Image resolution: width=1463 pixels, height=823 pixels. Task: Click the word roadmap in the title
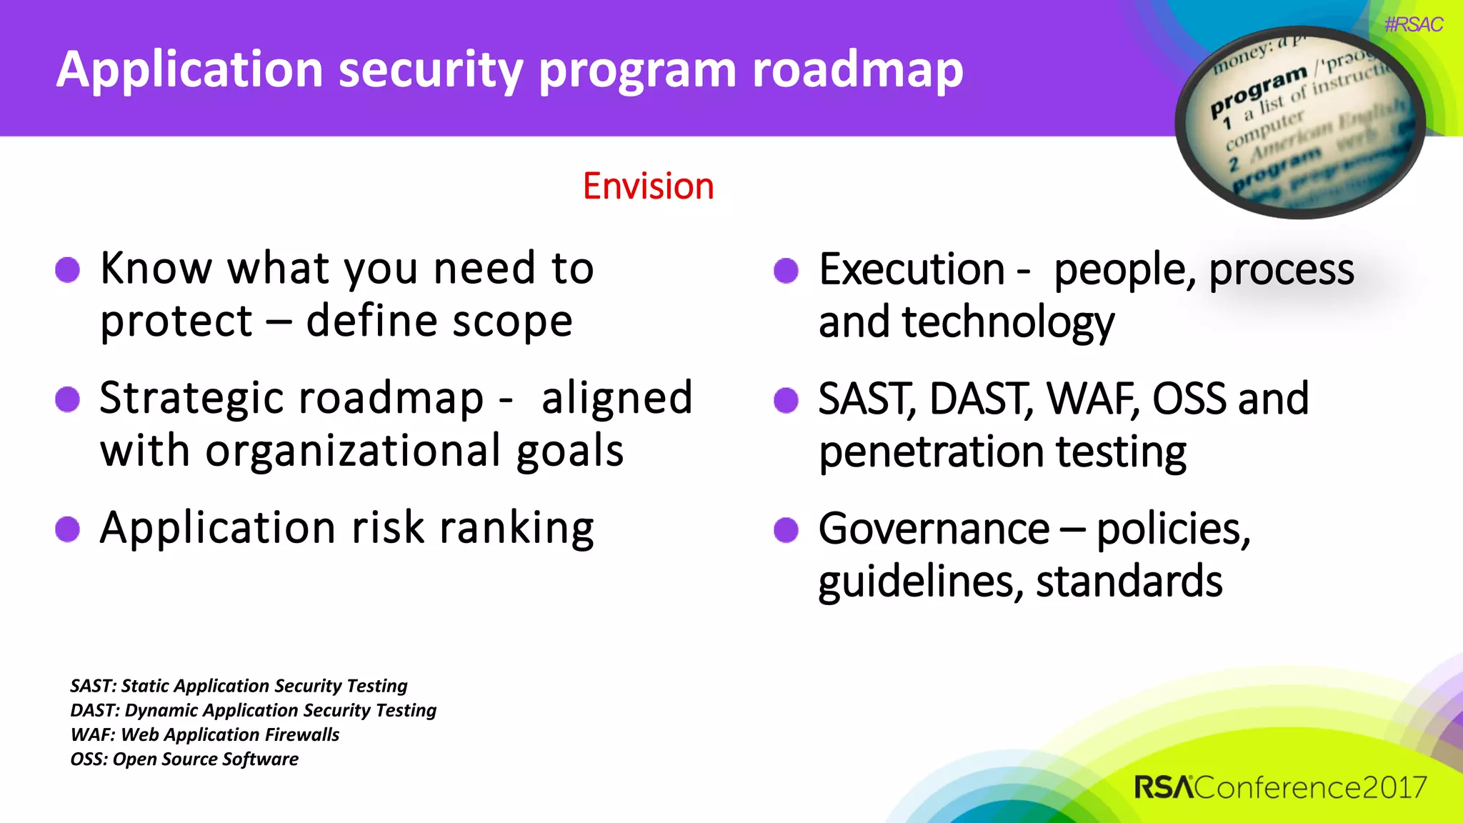(x=857, y=70)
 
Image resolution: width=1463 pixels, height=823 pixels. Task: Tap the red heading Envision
(x=648, y=186)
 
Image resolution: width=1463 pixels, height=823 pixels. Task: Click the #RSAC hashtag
(x=1413, y=25)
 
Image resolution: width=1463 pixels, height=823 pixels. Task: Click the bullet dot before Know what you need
(x=68, y=270)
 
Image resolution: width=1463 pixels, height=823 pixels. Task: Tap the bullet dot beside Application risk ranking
(x=68, y=529)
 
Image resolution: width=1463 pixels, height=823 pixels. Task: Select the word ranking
(x=516, y=529)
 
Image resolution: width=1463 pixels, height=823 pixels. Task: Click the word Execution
(x=912, y=269)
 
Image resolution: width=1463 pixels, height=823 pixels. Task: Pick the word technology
(x=1007, y=322)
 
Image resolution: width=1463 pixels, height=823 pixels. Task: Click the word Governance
(x=934, y=529)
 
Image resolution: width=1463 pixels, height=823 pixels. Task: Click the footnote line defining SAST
(x=239, y=686)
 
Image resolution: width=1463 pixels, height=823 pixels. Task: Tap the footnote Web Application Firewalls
(x=205, y=734)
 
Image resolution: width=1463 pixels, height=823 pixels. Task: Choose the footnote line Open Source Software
(x=184, y=759)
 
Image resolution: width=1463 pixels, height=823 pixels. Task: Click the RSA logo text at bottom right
(x=1164, y=787)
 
